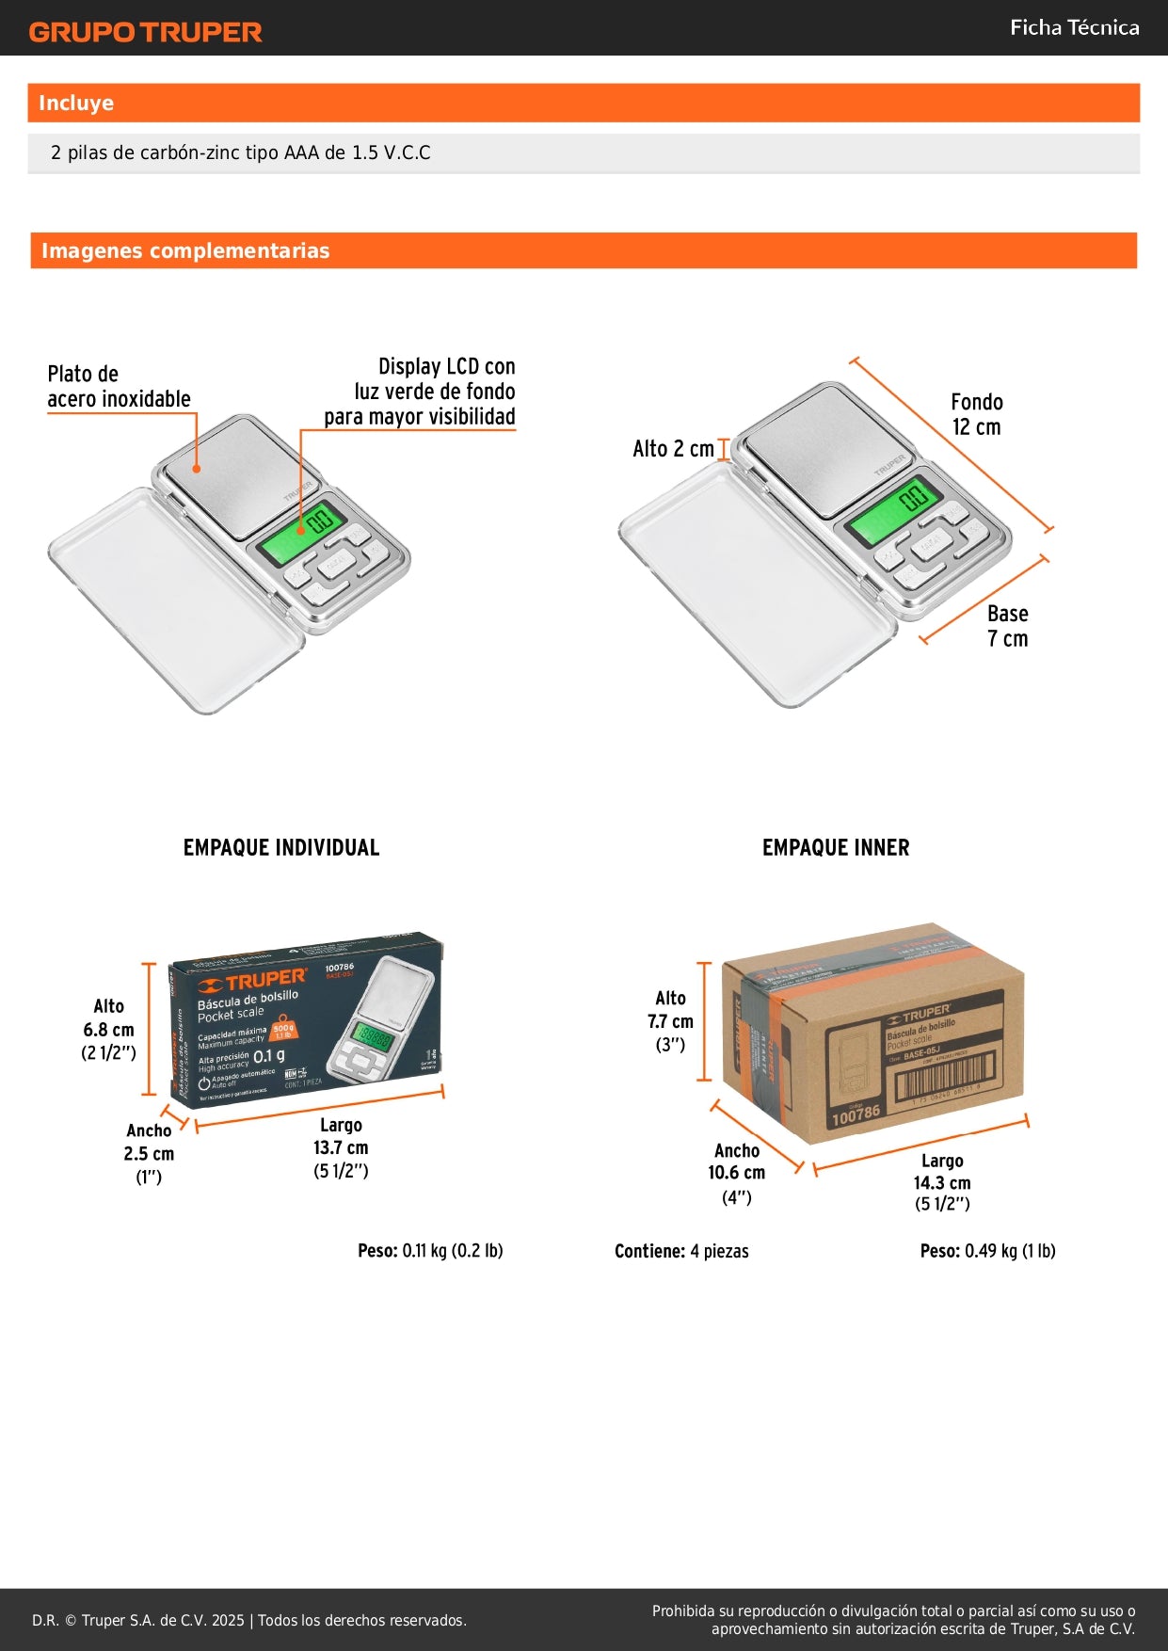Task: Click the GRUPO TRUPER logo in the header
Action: pos(145,32)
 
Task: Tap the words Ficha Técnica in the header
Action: pos(1074,27)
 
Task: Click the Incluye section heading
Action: pos(76,104)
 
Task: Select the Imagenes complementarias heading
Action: pos(185,251)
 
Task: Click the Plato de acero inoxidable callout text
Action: pos(119,387)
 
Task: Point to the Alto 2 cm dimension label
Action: pos(673,449)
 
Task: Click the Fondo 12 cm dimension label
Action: pos(977,414)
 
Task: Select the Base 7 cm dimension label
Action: pos(1007,626)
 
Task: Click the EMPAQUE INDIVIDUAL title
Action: pos(281,848)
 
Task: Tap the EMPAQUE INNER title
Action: pos(836,848)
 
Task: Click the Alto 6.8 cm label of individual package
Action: pos(108,1030)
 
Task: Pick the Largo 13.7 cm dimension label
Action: pos(341,1147)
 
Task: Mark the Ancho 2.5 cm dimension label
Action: pos(149,1153)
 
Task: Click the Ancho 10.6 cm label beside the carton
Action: pos(736,1173)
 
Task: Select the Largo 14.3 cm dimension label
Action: pos(941,1182)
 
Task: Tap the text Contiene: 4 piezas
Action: pos(681,1251)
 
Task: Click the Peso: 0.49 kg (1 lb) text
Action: pos(987,1251)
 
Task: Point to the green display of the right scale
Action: pos(890,513)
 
